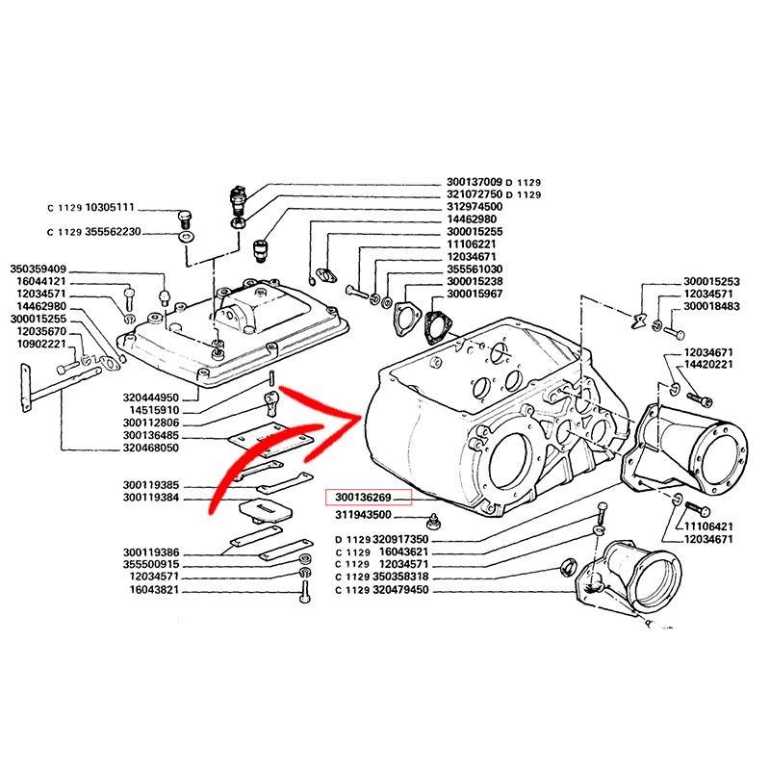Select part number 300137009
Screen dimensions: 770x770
coord(475,182)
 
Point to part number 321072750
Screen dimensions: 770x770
coord(475,194)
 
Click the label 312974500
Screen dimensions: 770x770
coord(475,207)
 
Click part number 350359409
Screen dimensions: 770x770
coord(38,269)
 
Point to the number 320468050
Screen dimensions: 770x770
coord(150,448)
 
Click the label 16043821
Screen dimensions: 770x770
coord(155,589)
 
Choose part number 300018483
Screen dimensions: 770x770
coord(711,306)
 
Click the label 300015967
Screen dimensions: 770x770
coord(475,294)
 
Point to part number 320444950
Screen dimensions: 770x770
coord(150,398)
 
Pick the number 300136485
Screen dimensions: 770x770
coord(150,435)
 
